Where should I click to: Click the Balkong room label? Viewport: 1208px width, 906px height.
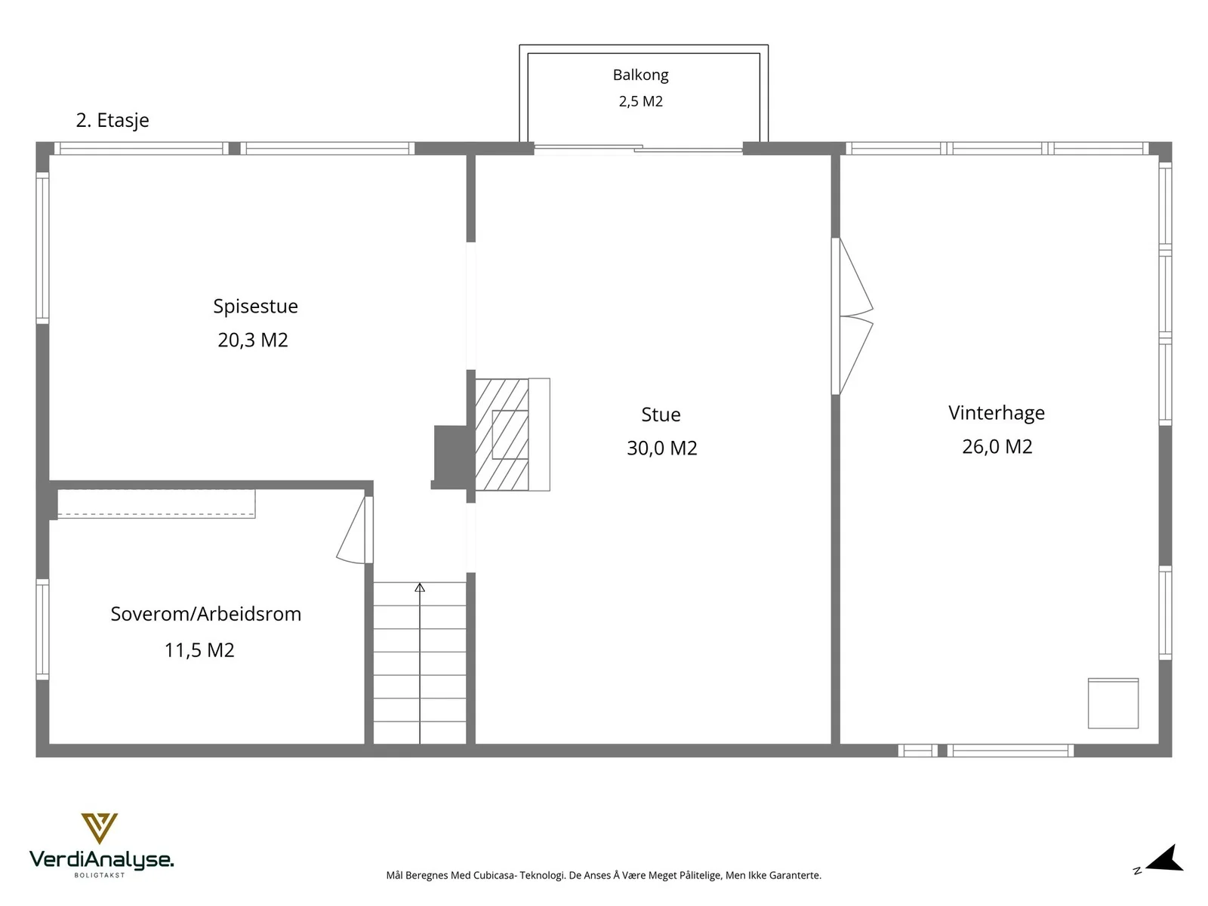pos(640,75)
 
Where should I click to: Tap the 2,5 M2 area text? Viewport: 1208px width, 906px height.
pos(640,101)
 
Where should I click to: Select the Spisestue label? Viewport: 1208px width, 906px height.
pos(255,307)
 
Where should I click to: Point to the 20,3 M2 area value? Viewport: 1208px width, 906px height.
pos(253,340)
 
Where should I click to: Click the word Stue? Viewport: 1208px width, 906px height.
pos(661,414)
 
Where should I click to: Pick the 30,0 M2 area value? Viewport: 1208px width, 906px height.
pos(661,448)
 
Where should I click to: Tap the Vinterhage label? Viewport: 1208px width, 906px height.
pos(996,412)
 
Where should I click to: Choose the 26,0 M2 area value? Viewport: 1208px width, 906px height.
pos(997,446)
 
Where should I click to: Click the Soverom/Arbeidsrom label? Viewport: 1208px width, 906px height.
pos(206,614)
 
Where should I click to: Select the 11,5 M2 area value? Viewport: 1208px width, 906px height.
pos(199,650)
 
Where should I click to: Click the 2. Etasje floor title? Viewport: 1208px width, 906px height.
pos(112,120)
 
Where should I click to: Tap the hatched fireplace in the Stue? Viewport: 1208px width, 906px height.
pos(501,435)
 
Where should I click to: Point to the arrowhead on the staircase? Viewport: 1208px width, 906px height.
pos(420,587)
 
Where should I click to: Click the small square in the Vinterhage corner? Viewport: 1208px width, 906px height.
pos(1113,704)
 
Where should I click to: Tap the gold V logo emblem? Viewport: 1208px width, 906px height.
pos(100,827)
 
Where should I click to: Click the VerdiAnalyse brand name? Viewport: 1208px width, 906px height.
pos(101,859)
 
